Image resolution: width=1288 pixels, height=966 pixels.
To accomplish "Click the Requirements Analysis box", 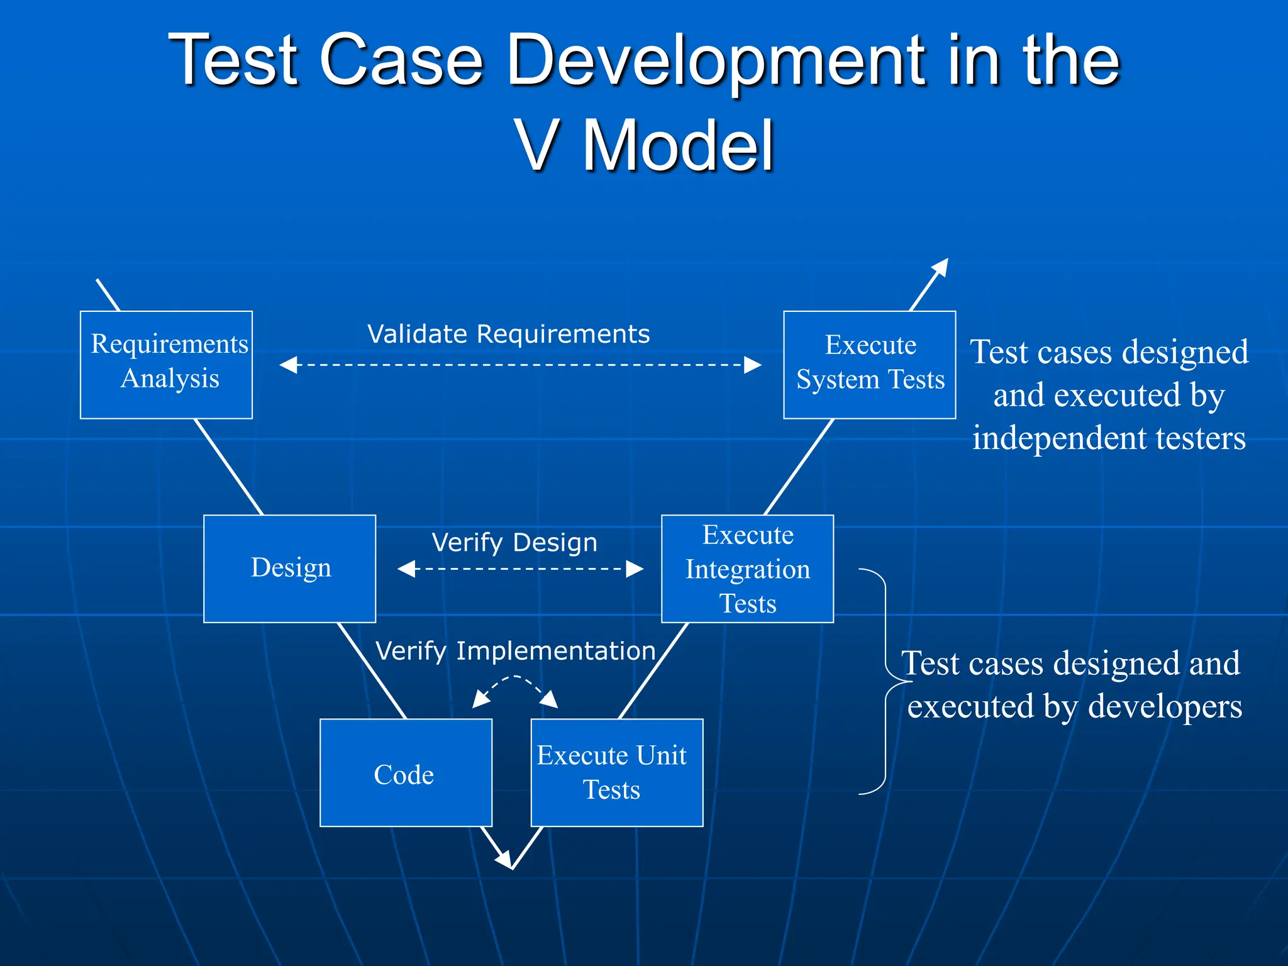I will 166,365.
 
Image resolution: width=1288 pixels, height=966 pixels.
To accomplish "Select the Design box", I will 289,569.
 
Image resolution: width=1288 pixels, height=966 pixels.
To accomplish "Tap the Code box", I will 406,772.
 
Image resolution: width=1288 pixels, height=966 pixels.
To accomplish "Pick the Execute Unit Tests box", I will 616,772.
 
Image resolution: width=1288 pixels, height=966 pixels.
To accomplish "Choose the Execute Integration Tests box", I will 747,569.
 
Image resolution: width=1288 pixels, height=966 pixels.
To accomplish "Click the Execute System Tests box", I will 869,365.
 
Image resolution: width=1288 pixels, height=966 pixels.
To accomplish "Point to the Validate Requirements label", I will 508,334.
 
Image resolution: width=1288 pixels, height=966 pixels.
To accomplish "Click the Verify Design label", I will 514,542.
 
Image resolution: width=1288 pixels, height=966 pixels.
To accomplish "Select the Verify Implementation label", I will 516,651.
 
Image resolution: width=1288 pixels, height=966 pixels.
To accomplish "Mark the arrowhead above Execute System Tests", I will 941,267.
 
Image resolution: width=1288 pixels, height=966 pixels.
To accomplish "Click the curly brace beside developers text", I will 885,682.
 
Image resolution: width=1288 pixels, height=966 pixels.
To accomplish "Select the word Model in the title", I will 678,146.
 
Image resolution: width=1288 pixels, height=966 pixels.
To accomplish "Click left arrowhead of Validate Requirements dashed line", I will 288,365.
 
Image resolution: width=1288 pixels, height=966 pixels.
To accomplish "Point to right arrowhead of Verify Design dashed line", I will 635,569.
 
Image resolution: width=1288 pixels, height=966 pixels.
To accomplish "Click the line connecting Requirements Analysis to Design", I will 228,467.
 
